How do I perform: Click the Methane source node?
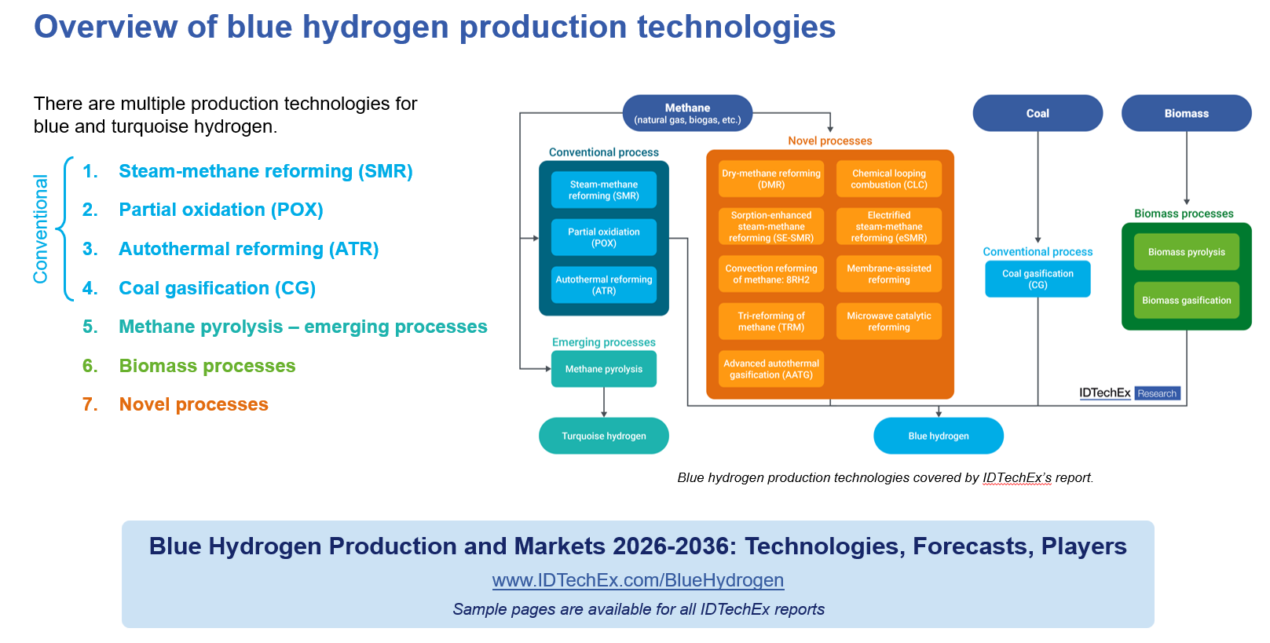click(x=687, y=113)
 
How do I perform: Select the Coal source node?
click(x=1038, y=113)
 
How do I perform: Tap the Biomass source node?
click(x=1186, y=113)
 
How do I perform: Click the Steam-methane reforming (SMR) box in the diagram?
click(x=604, y=190)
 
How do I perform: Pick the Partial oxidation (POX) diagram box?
click(x=604, y=237)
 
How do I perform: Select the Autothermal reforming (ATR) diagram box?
click(x=604, y=285)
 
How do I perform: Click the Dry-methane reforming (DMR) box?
click(x=771, y=179)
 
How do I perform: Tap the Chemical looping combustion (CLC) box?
click(x=889, y=179)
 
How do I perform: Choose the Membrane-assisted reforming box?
click(x=889, y=274)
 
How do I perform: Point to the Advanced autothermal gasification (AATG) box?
click(x=771, y=369)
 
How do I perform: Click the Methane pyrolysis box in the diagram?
click(x=604, y=369)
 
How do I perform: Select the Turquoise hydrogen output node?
click(x=604, y=436)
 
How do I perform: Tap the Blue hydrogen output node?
click(x=939, y=436)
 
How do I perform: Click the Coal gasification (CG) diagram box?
click(x=1038, y=279)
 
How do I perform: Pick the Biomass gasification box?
click(x=1186, y=300)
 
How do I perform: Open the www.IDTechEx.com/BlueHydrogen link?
click(x=638, y=580)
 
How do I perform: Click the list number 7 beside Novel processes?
click(x=90, y=404)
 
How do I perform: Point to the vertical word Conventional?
click(x=40, y=229)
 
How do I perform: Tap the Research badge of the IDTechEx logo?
click(x=1157, y=393)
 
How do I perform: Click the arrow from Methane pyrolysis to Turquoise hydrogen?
click(x=604, y=402)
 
